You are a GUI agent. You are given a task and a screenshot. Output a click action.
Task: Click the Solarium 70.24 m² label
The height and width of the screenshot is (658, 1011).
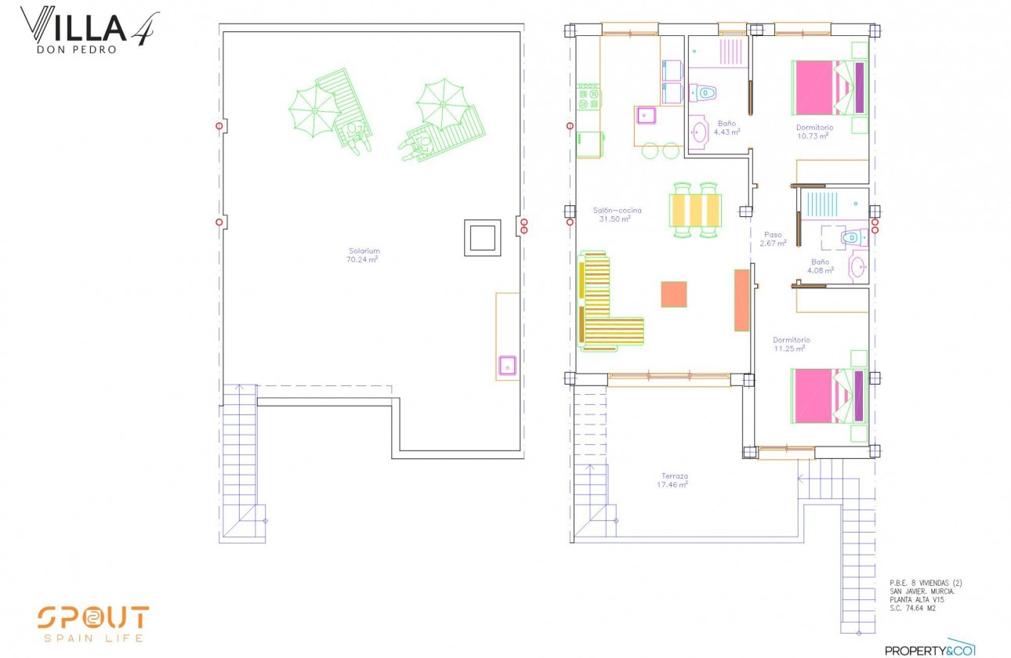[x=364, y=255]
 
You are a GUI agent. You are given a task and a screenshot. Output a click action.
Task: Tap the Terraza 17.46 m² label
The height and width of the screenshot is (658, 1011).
[x=672, y=480]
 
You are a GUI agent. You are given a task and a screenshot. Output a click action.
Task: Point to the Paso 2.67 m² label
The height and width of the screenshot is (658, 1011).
[x=772, y=239]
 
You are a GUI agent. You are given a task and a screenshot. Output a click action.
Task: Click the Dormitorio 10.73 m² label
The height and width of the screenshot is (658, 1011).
[x=814, y=131]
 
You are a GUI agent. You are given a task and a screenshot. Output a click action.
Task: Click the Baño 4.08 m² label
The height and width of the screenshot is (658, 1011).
[x=821, y=266]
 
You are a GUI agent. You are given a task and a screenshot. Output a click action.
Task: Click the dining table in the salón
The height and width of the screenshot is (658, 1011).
[x=695, y=210]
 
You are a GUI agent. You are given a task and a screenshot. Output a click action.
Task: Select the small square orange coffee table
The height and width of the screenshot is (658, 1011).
[x=674, y=294]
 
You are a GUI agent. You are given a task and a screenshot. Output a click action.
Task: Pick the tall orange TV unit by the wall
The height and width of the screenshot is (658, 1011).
[x=741, y=300]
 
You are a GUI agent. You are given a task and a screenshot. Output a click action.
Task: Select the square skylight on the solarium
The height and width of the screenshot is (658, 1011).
[x=482, y=237]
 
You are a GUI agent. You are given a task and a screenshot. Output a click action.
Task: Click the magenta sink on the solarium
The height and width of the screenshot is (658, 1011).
[x=508, y=365]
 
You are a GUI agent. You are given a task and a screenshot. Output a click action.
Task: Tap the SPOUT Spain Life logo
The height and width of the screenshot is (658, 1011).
[x=92, y=623]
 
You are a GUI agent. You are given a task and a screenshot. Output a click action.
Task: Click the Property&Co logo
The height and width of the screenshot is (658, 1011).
[x=929, y=649]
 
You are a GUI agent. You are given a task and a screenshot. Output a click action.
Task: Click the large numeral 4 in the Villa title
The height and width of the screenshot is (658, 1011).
[x=145, y=29]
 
